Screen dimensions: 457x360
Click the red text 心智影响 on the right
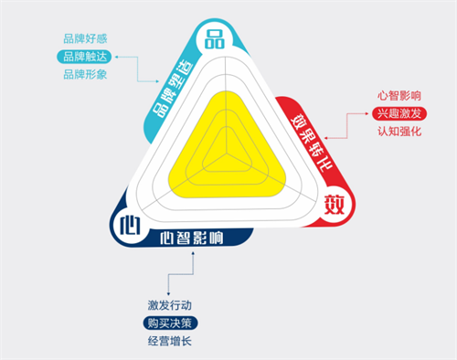pyautogui.click(x=399, y=95)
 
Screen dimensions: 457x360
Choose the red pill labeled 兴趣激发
pyautogui.click(x=399, y=113)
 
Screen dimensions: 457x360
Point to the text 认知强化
pyautogui.click(x=399, y=132)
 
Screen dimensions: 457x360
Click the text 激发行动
pyautogui.click(x=169, y=305)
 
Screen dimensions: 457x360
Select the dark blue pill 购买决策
pyautogui.click(x=169, y=323)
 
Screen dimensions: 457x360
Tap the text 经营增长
pyautogui.click(x=169, y=342)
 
